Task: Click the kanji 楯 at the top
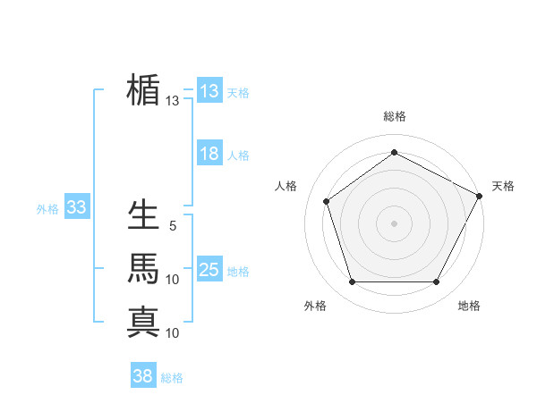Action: (143, 90)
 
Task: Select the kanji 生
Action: (143, 215)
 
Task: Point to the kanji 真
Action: (143, 321)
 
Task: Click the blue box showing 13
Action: (209, 91)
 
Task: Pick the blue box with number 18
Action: (209, 154)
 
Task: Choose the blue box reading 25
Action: (209, 270)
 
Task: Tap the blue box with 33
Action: (76, 208)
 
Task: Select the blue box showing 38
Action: (142, 376)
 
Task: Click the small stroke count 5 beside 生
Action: (173, 227)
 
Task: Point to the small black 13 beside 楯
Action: (172, 101)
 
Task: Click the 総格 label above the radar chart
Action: (394, 117)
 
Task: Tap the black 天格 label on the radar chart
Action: (503, 186)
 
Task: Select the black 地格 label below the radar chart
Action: (469, 306)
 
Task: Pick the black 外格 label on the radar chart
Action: (315, 306)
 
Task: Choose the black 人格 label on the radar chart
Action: (286, 186)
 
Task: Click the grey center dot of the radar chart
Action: (394, 223)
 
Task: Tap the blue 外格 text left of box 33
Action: (47, 209)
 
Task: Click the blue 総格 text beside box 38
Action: (172, 378)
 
